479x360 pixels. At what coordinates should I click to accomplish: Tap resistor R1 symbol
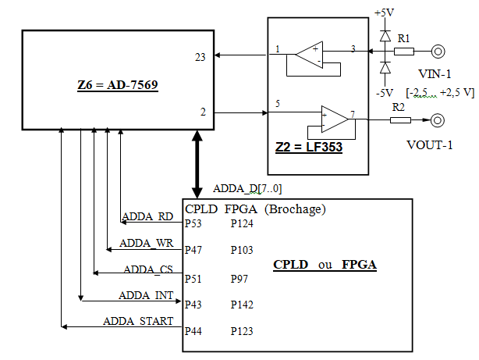coord(403,52)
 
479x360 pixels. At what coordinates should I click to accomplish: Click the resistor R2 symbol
coord(399,120)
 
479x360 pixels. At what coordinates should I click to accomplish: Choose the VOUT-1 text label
coord(428,145)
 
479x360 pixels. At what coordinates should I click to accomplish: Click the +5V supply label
coord(385,13)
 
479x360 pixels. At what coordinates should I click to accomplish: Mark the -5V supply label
coord(384,92)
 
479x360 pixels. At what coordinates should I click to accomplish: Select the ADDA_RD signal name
coord(147,217)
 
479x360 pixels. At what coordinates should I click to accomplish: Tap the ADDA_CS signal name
coord(147,269)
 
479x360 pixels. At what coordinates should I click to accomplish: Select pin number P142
coord(242,305)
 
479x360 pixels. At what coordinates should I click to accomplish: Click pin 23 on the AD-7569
coord(200,57)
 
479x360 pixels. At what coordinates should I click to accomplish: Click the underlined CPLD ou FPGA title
coord(325,265)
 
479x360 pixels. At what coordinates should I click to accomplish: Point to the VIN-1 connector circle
coord(438,52)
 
